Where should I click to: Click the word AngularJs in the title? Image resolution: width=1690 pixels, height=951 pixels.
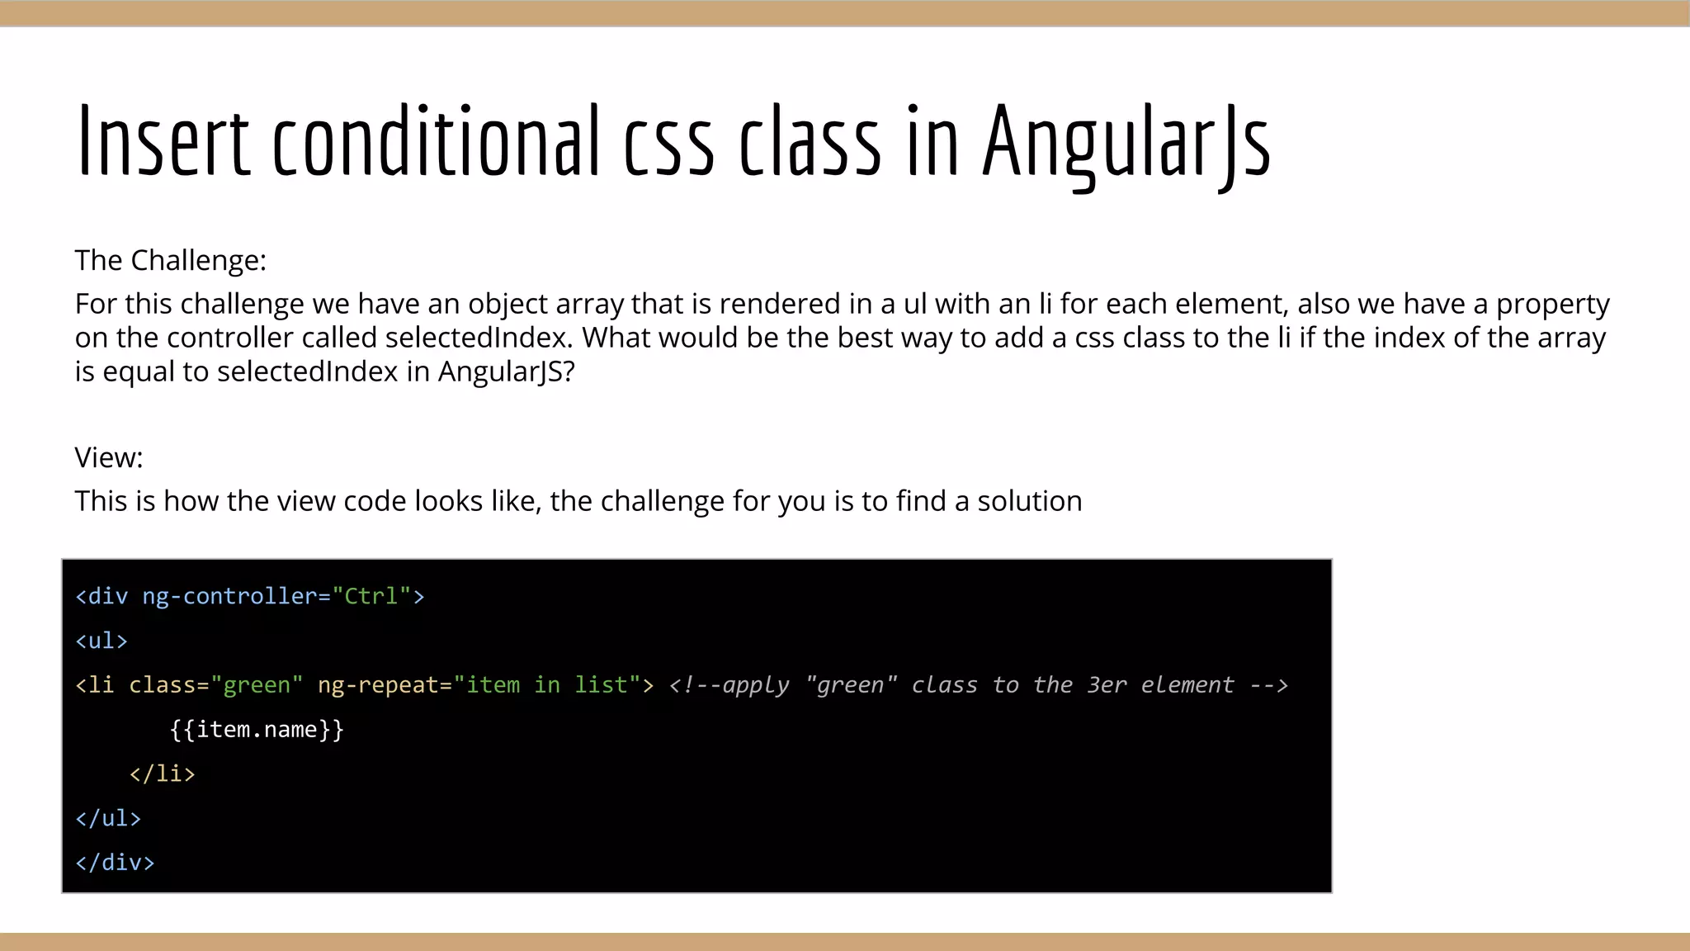pyautogui.click(x=1126, y=142)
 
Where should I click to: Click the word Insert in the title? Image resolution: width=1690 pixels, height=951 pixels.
pyautogui.click(x=163, y=142)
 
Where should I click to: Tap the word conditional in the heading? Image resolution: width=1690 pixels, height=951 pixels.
pyautogui.click(x=436, y=142)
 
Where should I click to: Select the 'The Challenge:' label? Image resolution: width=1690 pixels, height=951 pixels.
pyautogui.click(x=171, y=261)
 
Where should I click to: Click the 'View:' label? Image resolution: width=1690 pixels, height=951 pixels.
pyautogui.click(x=109, y=458)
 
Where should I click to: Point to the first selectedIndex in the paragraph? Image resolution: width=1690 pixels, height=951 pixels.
pyautogui.click(x=478, y=338)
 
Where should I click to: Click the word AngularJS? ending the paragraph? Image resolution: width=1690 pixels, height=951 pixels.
pyautogui.click(x=506, y=372)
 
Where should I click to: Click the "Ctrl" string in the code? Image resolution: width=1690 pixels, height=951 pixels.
pyautogui.click(x=371, y=596)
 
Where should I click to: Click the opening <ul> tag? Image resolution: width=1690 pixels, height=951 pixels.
pyautogui.click(x=101, y=641)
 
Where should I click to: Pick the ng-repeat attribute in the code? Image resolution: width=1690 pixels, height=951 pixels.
pyautogui.click(x=378, y=685)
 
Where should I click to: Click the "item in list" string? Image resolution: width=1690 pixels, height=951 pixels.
pyautogui.click(x=547, y=685)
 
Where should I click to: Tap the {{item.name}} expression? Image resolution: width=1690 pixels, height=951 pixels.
pyautogui.click(x=257, y=730)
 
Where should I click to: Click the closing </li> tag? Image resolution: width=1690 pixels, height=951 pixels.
pyautogui.click(x=162, y=774)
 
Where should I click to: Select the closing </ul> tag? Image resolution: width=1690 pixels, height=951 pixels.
pyautogui.click(x=108, y=819)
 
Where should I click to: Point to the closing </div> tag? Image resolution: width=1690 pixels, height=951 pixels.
pyautogui.click(x=115, y=863)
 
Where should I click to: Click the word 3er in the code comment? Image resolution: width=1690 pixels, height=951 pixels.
pyautogui.click(x=1107, y=685)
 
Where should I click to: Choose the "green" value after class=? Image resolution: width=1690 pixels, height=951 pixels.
pyautogui.click(x=257, y=685)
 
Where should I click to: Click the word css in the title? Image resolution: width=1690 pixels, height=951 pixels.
pyautogui.click(x=668, y=142)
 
